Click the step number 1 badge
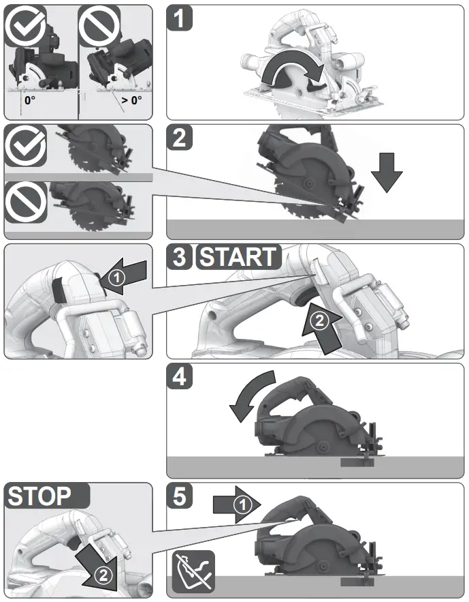point(180,19)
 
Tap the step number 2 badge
point(180,138)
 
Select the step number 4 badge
point(180,377)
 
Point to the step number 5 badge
point(180,496)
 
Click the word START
point(238,258)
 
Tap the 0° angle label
point(30,100)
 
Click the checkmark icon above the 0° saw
point(26,27)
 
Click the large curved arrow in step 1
point(292,72)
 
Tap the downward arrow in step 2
point(387,171)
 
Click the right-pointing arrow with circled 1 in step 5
point(236,505)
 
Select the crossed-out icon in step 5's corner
point(193,571)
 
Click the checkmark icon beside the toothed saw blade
point(26,146)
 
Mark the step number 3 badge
point(180,258)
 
